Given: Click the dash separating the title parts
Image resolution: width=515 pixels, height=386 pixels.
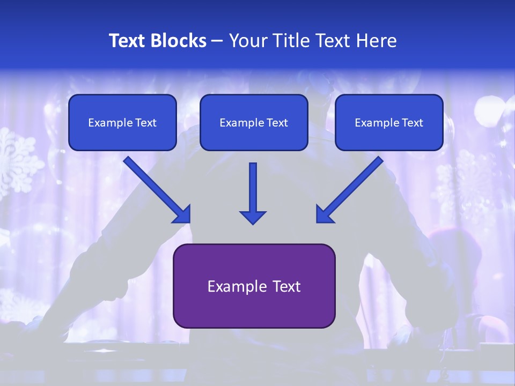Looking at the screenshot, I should [x=217, y=41].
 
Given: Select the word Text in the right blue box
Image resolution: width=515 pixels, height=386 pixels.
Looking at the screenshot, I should [x=413, y=123].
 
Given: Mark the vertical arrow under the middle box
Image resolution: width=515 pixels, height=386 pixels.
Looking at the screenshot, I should [x=253, y=190].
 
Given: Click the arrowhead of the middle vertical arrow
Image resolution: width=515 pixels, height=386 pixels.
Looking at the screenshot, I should [x=253, y=217].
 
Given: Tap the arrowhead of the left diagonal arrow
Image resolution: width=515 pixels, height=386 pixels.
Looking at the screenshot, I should [x=182, y=214].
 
